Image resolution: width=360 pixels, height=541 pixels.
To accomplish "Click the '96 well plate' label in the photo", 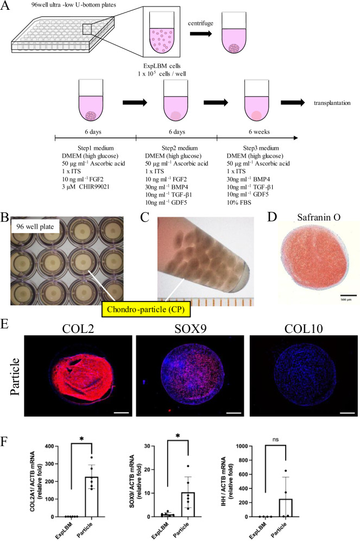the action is click(x=33, y=207).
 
